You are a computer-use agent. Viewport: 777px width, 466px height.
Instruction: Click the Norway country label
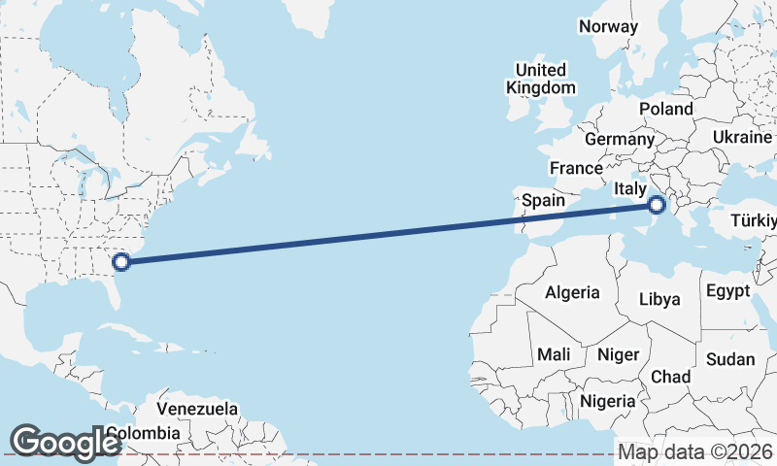click(x=608, y=26)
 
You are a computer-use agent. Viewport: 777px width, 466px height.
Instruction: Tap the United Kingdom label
click(x=541, y=79)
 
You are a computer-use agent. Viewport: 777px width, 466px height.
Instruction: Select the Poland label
click(x=666, y=109)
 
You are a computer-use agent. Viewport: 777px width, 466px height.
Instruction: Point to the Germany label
click(x=620, y=139)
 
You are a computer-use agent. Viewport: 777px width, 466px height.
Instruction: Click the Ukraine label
click(x=742, y=137)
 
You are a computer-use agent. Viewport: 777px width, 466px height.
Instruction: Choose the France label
click(x=576, y=168)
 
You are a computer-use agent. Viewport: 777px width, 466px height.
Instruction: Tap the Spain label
click(x=543, y=200)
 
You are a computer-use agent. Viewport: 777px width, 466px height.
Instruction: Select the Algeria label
click(x=572, y=291)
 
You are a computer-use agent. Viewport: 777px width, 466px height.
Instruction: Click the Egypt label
click(x=727, y=291)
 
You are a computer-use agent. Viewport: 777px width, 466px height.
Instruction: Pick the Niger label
click(x=618, y=354)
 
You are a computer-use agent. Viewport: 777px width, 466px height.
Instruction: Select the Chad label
click(x=671, y=377)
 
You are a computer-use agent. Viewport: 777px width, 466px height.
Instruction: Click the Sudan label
click(x=730, y=359)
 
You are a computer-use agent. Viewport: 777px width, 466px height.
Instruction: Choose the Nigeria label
click(x=607, y=400)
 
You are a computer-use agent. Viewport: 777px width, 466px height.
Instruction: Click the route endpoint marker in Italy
click(x=658, y=205)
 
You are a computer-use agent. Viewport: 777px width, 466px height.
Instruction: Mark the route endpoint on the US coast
click(x=121, y=261)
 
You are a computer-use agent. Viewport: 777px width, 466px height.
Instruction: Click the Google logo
click(x=64, y=443)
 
